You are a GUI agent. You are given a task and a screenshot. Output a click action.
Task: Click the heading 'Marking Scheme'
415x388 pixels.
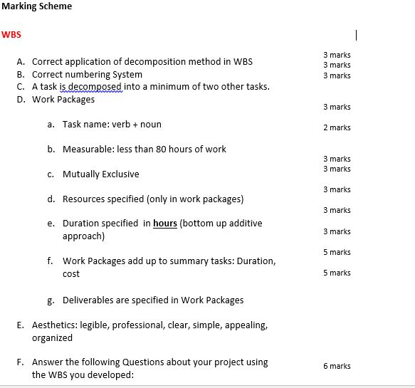pos(36,6)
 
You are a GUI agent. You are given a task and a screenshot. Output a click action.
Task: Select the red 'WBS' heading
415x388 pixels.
pos(11,34)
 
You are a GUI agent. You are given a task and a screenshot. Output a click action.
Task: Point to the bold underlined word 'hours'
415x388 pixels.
pos(165,224)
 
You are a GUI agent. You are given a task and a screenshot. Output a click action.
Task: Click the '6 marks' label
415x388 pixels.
pos(337,366)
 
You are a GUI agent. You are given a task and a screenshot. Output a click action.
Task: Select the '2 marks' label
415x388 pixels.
pos(337,128)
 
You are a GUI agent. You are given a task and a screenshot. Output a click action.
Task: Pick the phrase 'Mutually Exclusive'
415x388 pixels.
pos(100,174)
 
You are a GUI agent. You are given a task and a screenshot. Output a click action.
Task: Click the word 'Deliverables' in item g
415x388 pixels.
pos(89,300)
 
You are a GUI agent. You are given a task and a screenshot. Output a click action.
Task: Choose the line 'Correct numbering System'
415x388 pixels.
pos(87,74)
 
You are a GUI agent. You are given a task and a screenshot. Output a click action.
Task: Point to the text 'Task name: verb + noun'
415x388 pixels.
pos(112,125)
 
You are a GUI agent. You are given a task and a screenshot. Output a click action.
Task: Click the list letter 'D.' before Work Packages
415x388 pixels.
pos(21,100)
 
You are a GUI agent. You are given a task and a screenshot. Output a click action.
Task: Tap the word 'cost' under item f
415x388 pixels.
pos(71,274)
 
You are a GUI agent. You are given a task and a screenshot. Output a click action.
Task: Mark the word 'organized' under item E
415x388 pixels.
pos(52,338)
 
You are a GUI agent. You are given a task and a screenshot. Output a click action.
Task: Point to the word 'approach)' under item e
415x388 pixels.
pos(83,236)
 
